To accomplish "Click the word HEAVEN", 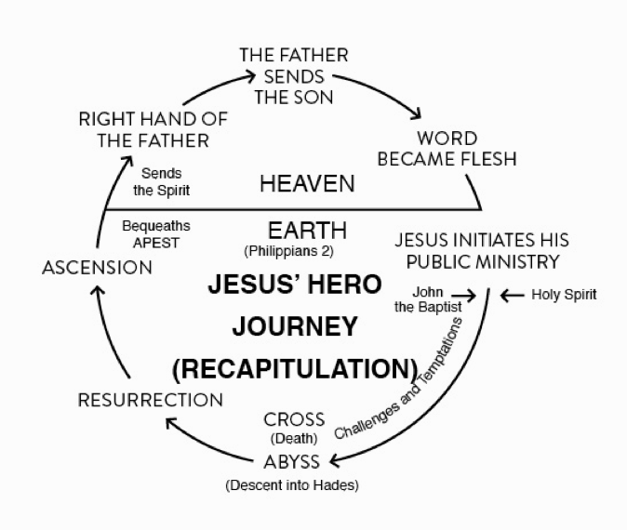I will tap(307, 184).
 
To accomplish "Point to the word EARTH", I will tap(307, 230).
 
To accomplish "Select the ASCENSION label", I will tap(97, 268).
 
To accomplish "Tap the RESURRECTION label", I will tap(150, 401).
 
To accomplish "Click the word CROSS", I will tap(294, 419).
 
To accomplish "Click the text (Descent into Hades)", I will tap(291, 485).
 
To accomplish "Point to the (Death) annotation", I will tap(294, 439).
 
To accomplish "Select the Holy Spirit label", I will tap(564, 295).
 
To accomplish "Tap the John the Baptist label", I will tap(427, 299).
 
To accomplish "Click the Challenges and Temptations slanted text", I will tap(397, 380).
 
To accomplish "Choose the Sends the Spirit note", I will tap(161, 181).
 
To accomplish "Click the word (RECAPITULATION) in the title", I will tap(295, 368).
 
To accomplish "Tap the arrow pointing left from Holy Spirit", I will tap(512, 296).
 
